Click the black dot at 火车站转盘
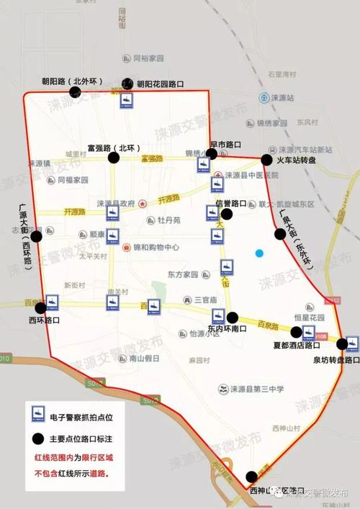coord(267,160)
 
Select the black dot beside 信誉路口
coord(227,214)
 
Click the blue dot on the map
coord(259,253)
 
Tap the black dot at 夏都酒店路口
coord(296,332)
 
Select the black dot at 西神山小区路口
coord(251,477)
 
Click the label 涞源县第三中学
coord(256,389)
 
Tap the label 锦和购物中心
coord(156,247)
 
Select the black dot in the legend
coord(34,438)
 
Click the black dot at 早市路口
coord(212,153)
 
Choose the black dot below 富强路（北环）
coord(114,160)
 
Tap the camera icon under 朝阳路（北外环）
coord(126,100)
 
